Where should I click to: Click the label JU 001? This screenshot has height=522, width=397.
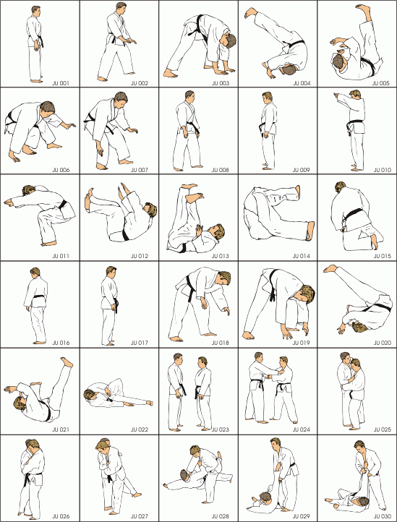pos(61,83)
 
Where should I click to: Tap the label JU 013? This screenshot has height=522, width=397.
pos(221,257)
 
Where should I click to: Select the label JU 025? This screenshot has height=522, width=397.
pos(382,429)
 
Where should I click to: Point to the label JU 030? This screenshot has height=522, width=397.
pos(382,516)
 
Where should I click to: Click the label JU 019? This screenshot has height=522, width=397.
pos(302,343)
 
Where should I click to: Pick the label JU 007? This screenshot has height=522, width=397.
pos(140,170)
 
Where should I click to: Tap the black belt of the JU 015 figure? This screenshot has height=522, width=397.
pos(354,215)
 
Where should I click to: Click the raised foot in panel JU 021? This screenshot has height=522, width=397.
pos(67,362)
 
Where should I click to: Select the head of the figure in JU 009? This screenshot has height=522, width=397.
pos(267,97)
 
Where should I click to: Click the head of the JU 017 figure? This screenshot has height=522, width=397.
pos(111,272)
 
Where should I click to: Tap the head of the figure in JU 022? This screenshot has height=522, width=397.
pos(89,395)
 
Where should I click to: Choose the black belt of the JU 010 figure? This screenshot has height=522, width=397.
pos(352,125)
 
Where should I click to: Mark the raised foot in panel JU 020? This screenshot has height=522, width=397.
pos(330,268)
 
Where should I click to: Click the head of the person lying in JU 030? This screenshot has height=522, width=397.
pos(362,501)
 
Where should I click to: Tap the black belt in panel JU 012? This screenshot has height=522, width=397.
pos(126,234)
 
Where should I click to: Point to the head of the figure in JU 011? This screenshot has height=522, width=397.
pos(29,190)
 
